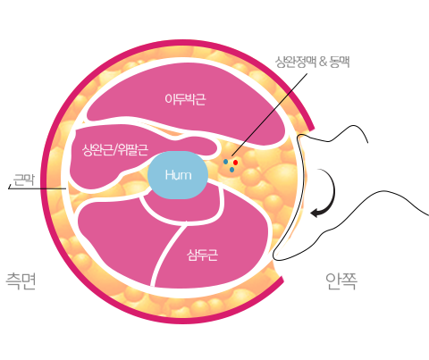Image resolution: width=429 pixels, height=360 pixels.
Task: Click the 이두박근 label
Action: click(x=185, y=99)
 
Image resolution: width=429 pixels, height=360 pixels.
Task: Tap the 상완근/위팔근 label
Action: click(x=115, y=149)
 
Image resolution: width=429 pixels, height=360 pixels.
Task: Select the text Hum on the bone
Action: click(x=178, y=175)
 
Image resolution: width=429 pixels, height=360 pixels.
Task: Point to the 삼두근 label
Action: click(x=202, y=255)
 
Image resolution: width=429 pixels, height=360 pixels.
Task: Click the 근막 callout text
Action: click(x=24, y=180)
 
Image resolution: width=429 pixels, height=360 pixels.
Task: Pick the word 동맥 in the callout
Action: click(x=340, y=62)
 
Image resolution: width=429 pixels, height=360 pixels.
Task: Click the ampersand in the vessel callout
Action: click(x=323, y=63)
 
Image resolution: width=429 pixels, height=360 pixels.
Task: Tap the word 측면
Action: click(x=21, y=280)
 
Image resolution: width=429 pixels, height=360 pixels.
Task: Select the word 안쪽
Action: click(x=341, y=281)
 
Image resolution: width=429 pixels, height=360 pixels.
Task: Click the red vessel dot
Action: click(x=235, y=163)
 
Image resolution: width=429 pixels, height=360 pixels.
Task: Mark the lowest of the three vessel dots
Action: click(x=231, y=170)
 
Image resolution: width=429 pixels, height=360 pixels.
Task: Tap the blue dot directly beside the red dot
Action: click(x=226, y=162)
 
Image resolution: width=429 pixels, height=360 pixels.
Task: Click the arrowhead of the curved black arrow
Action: click(x=315, y=213)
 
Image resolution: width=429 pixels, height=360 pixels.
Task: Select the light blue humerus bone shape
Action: click(x=178, y=175)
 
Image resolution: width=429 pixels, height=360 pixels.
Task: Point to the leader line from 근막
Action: click(x=38, y=188)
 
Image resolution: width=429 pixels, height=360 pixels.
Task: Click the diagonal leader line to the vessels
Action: click(x=269, y=114)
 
